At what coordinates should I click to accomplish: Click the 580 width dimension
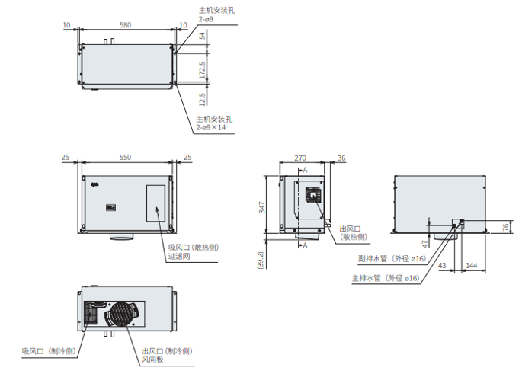125,25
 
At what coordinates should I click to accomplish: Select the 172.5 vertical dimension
202,70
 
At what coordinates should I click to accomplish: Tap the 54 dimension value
202,35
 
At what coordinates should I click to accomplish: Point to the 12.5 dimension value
202,99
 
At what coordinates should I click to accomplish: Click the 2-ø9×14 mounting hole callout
211,127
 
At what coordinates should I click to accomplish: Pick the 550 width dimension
125,157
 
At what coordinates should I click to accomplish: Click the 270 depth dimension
300,158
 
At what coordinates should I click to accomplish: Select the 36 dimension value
341,158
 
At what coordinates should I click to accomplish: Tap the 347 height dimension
262,207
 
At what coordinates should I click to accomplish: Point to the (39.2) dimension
261,261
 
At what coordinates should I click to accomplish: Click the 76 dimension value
506,228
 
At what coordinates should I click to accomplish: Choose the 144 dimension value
472,265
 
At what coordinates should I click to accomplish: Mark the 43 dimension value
442,265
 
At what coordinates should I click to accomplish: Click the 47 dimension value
424,244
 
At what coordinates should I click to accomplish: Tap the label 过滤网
179,256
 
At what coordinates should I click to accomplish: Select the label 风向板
152,360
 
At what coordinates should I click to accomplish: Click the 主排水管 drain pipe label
367,278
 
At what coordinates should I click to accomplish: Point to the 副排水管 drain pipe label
373,258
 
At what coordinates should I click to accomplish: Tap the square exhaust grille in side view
313,194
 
